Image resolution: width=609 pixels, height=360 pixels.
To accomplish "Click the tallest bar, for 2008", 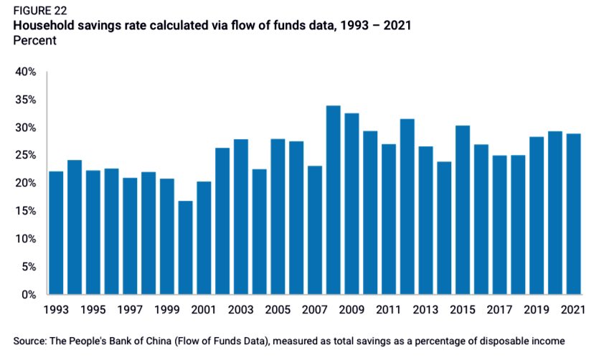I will [x=333, y=200].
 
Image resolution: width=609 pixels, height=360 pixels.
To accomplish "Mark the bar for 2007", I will [x=314, y=229].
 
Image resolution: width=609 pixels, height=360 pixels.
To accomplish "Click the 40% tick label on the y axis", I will [x=27, y=72].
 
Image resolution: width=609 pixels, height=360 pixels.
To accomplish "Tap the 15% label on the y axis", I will [x=27, y=211].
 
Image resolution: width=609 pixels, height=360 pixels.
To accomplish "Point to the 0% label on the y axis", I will [x=29, y=294].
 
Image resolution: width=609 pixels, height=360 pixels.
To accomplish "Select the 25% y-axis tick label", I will [x=27, y=156].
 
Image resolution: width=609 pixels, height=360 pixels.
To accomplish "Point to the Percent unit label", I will [x=34, y=41].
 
